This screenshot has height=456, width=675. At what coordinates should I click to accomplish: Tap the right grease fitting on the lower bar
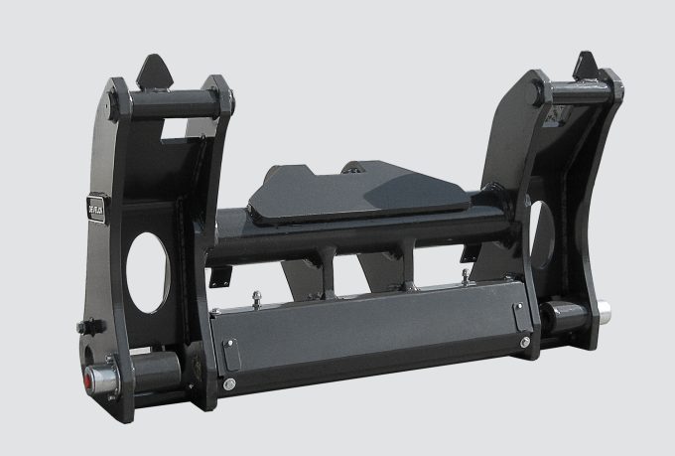[x=463, y=275]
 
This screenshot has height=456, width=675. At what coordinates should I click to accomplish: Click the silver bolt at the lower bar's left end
[x=229, y=383]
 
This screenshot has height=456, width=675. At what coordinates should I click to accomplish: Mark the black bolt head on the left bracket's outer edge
[x=87, y=327]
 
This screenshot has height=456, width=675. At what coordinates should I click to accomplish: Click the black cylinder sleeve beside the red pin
[x=151, y=370]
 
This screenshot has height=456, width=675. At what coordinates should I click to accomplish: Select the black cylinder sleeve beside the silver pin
[x=563, y=318]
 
